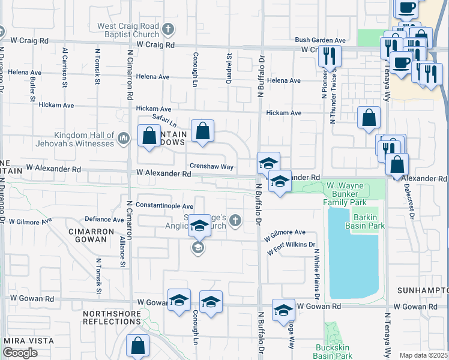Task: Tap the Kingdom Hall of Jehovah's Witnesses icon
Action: coord(123,139)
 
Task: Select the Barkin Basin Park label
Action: coord(364,221)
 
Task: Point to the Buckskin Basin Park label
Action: coord(335,351)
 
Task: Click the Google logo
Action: coord(20,353)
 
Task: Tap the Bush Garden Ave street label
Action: coord(320,40)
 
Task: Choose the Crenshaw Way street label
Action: coord(211,166)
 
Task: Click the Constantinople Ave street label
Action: coord(164,205)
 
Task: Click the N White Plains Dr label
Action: coord(315,274)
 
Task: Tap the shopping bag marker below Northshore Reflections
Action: coord(137,346)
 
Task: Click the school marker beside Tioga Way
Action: coord(283,310)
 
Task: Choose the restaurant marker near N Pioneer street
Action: coord(329,56)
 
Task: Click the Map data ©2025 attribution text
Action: coord(423,355)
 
